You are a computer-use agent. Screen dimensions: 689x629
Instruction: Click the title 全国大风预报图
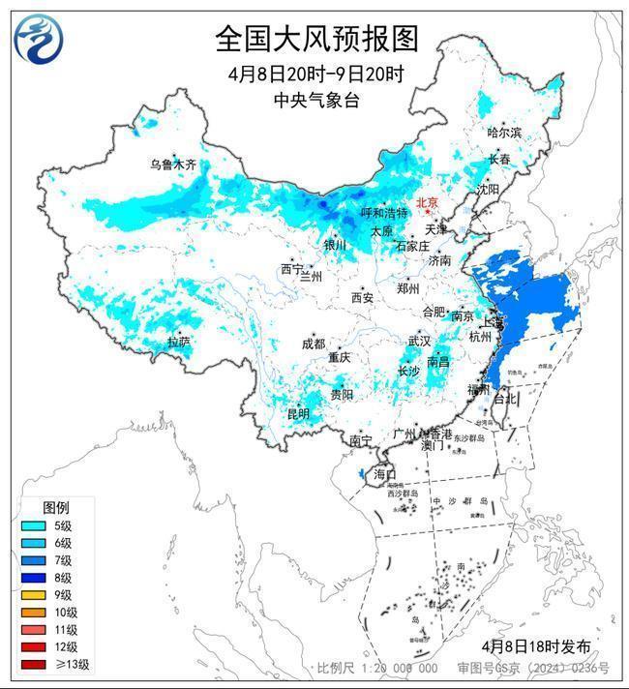[x=315, y=38]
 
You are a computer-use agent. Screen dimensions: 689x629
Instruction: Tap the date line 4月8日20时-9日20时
[x=315, y=74]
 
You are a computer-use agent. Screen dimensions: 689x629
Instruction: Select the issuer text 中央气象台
[x=315, y=100]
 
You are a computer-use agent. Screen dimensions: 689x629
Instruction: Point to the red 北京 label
[x=427, y=202]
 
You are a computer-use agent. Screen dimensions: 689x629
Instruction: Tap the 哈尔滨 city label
[x=503, y=133]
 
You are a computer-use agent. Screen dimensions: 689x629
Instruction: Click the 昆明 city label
[x=297, y=414]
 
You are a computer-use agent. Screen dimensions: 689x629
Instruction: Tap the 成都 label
[x=314, y=344]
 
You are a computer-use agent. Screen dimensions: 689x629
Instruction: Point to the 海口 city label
[x=384, y=474]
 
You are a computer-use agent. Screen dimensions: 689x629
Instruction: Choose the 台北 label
[x=505, y=398]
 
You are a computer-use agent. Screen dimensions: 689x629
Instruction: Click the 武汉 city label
[x=419, y=342]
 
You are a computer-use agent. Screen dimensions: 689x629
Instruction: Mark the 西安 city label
[x=362, y=298]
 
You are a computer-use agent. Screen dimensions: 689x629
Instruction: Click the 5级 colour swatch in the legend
[x=31, y=525]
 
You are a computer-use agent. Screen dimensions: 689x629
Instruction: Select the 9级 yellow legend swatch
[x=31, y=595]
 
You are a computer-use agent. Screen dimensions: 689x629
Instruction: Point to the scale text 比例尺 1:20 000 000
[x=377, y=669]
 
